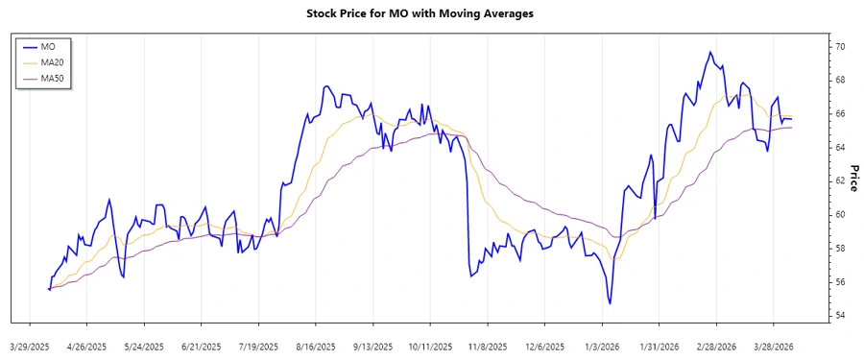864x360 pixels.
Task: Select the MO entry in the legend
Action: (x=48, y=45)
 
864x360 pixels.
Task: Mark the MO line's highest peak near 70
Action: (x=710, y=52)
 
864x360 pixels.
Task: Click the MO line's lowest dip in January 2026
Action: (x=610, y=303)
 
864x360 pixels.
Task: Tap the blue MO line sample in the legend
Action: (x=28, y=45)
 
